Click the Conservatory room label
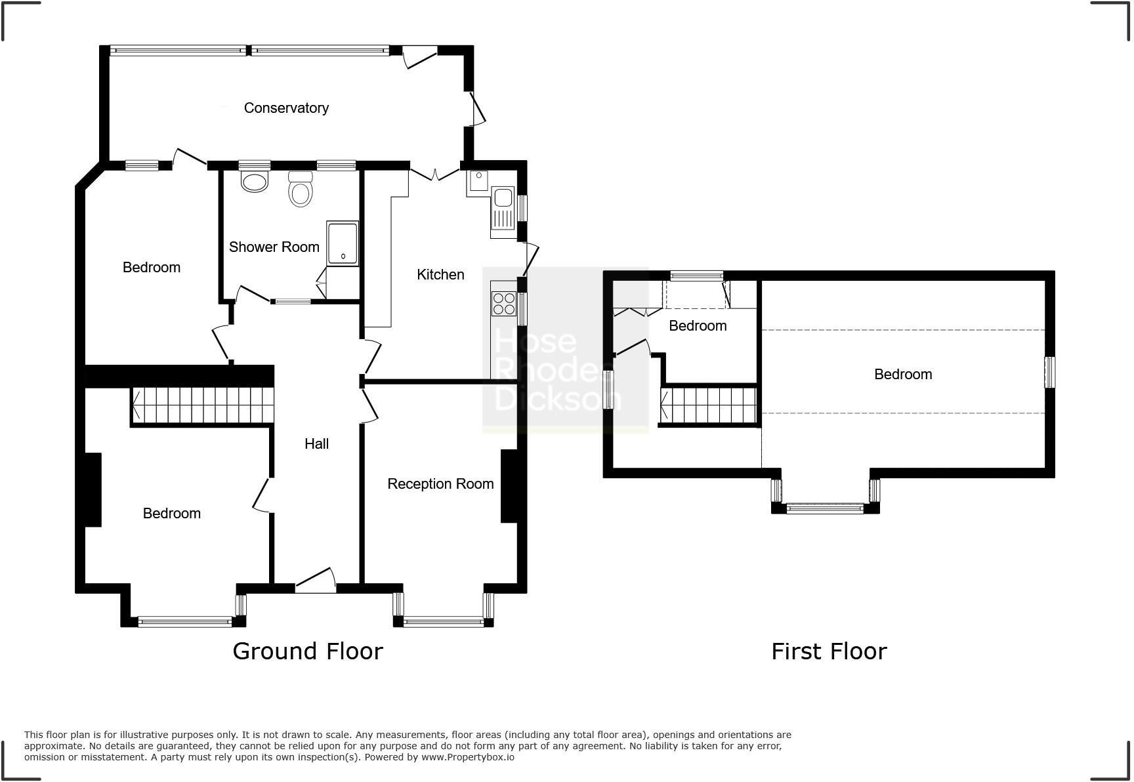pyautogui.click(x=286, y=108)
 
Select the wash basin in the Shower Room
pyautogui.click(x=255, y=180)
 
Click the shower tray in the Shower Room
pyautogui.click(x=343, y=243)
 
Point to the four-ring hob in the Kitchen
pyautogui.click(x=503, y=304)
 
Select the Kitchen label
pyautogui.click(x=440, y=275)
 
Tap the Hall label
pyautogui.click(x=316, y=444)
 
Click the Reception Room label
pyautogui.click(x=440, y=484)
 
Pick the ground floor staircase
pyautogui.click(x=202, y=405)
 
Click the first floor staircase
pyautogui.click(x=709, y=405)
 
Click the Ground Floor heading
pyautogui.click(x=307, y=651)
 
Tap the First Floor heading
pyautogui.click(x=829, y=651)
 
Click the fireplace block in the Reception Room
pyautogui.click(x=509, y=485)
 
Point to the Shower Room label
pyautogui.click(x=274, y=247)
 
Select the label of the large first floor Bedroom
pyautogui.click(x=902, y=375)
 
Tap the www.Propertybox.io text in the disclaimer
pyautogui.click(x=467, y=757)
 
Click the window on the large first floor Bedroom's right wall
pyautogui.click(x=1049, y=372)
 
